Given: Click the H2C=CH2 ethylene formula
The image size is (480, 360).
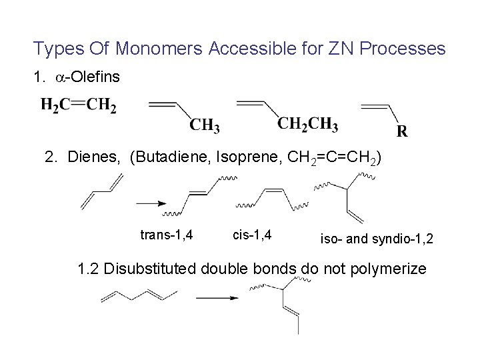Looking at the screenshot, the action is click(78, 106).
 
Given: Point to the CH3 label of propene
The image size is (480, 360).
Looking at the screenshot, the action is click(205, 125).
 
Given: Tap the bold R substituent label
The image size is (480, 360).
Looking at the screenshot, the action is click(401, 131).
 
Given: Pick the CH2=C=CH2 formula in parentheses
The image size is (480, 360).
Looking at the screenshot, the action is click(325, 158).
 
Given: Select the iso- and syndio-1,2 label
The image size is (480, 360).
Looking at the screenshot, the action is click(377, 238).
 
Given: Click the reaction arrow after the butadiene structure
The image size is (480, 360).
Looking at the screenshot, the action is click(152, 203).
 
